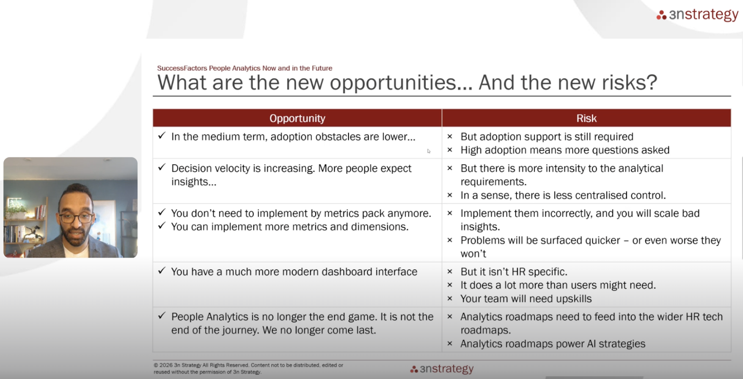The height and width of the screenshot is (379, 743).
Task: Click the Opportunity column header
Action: click(x=297, y=118)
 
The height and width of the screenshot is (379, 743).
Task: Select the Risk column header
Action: click(x=586, y=118)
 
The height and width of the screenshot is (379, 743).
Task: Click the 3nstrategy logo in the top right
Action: click(x=697, y=15)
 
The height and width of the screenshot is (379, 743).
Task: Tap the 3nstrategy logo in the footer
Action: click(x=442, y=369)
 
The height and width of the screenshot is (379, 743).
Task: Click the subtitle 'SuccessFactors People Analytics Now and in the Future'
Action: click(x=245, y=68)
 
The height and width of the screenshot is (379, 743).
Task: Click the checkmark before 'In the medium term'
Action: click(x=162, y=136)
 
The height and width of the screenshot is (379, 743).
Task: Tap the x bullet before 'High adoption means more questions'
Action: click(x=450, y=150)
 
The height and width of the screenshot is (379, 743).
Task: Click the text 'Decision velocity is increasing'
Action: click(x=243, y=168)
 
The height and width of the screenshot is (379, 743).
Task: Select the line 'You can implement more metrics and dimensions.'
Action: click(x=290, y=227)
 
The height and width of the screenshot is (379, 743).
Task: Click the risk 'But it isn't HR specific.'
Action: click(x=514, y=272)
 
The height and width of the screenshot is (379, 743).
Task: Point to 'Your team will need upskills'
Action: click(x=526, y=299)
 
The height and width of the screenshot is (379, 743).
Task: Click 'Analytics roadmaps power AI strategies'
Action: click(x=553, y=344)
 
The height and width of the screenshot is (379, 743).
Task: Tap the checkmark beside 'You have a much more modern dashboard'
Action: click(x=162, y=271)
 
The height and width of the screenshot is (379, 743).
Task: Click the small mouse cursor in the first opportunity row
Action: click(x=429, y=151)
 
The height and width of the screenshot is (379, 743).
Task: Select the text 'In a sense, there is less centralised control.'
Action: click(x=563, y=195)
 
